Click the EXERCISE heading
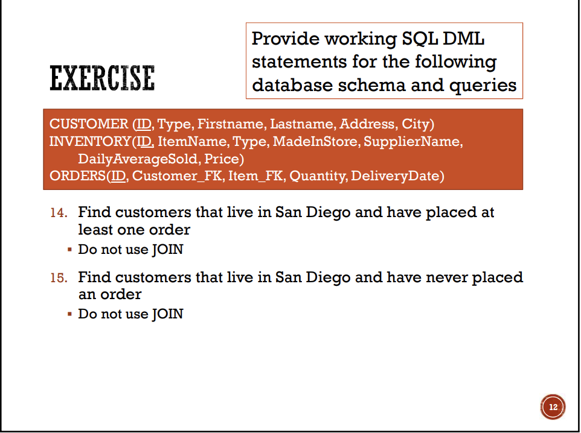point(101,78)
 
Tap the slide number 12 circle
point(553,407)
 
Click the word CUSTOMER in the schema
point(88,124)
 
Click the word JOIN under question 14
point(167,249)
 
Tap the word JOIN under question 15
point(167,314)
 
